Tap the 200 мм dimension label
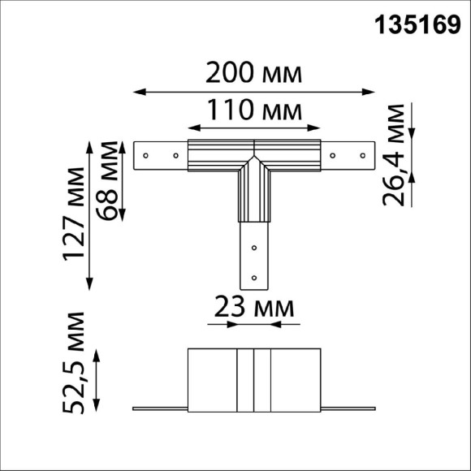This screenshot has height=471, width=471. [x=253, y=74]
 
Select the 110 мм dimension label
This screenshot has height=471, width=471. [x=253, y=108]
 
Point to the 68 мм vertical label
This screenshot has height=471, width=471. [x=106, y=179]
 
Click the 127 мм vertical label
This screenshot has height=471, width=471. [x=75, y=213]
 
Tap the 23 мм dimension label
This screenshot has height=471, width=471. [x=253, y=307]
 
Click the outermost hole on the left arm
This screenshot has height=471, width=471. [x=145, y=153]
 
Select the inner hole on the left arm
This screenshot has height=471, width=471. [x=174, y=153]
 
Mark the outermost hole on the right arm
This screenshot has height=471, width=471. [x=361, y=153]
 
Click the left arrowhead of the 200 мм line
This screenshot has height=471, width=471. [x=136, y=91]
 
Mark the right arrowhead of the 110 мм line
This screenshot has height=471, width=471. [x=318, y=126]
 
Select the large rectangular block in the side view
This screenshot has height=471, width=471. [x=254, y=378]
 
